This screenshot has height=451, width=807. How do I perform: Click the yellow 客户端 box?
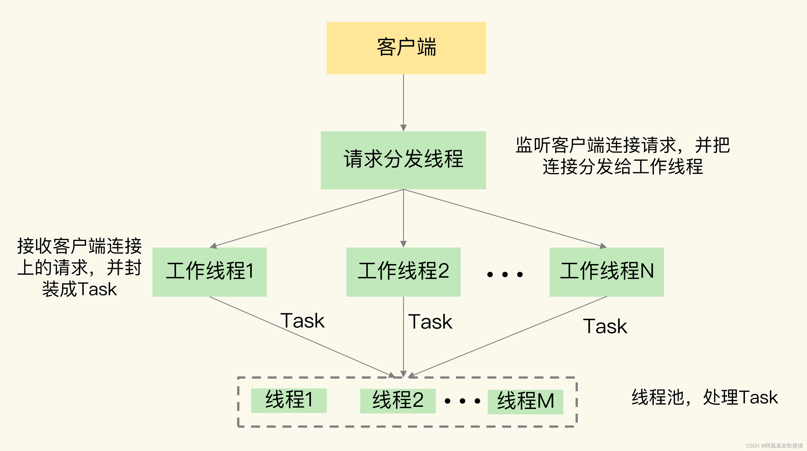tap(406, 48)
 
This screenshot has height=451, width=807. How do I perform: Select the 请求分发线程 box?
tap(403, 160)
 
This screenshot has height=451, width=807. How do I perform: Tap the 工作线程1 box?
tap(209, 272)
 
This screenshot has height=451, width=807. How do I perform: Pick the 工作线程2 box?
tap(403, 272)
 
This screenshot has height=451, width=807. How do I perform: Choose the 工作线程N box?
tap(607, 272)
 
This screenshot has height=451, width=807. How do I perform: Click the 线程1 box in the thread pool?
tap(289, 400)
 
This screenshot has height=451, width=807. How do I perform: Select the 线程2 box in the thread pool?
tap(398, 401)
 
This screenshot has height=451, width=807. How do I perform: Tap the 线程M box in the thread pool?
tap(525, 402)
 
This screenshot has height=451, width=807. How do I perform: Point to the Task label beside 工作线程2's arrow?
tap(430, 322)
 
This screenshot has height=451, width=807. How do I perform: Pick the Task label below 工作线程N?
tap(605, 326)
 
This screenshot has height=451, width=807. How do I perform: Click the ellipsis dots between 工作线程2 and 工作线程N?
tap(505, 274)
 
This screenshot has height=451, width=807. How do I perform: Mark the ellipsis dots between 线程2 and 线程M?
tap(462, 401)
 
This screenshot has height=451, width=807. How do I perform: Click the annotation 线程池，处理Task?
tap(705, 397)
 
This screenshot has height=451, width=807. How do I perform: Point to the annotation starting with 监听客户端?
tap(622, 156)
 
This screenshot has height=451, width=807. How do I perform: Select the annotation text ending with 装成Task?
tap(79, 267)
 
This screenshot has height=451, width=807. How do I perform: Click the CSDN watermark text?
tap(774, 445)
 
